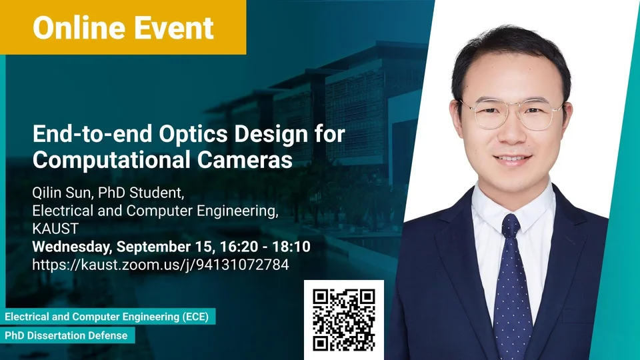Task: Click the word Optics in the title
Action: coord(193,134)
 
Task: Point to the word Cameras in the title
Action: coord(245,159)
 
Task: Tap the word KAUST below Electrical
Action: coord(55,229)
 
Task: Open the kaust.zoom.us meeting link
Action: coord(161,265)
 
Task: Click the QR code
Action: coord(344,320)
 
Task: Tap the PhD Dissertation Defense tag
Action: coord(66,335)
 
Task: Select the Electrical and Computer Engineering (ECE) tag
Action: coord(107,317)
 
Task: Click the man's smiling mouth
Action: coord(512,159)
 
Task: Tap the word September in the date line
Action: coord(159,247)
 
